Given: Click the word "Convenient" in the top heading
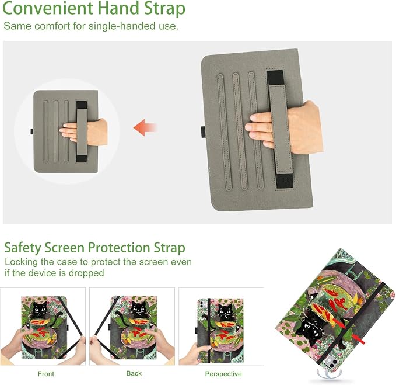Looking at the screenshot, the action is [x=48, y=8].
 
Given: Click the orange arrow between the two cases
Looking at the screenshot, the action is [x=145, y=127].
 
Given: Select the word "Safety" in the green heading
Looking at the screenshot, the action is [x=23, y=248].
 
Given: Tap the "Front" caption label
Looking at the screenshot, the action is [x=46, y=374].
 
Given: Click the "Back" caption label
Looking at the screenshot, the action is [x=134, y=373].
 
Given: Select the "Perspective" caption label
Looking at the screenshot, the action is [x=223, y=374].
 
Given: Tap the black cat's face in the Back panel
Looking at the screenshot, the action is [x=138, y=308].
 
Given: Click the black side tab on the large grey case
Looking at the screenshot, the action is [x=204, y=132].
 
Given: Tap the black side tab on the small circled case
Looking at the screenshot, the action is [x=32, y=131].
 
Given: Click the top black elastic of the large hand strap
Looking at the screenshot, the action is [x=275, y=77].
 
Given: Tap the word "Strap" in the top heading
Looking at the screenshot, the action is [x=164, y=9].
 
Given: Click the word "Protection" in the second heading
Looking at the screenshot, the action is [x=119, y=248].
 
